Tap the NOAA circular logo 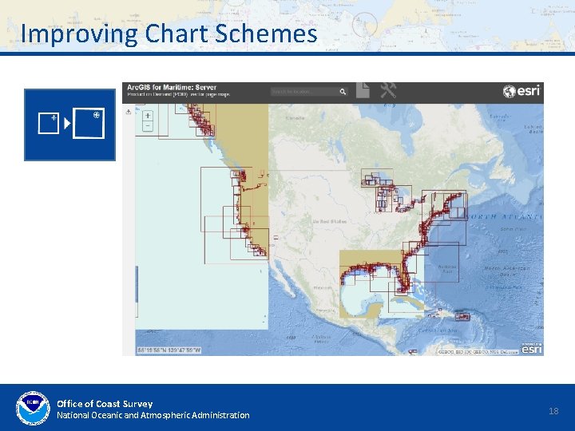(33, 409)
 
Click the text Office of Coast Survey (105, 403)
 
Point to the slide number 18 (554, 410)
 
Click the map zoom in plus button (148, 115)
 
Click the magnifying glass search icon (343, 92)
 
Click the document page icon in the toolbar (363, 89)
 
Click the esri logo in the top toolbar (522, 91)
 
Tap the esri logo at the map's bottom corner (532, 348)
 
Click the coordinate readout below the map (169, 350)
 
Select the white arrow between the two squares (67, 124)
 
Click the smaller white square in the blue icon (49, 123)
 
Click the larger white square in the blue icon (89, 124)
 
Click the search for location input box (304, 92)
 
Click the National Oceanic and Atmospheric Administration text (153, 415)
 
